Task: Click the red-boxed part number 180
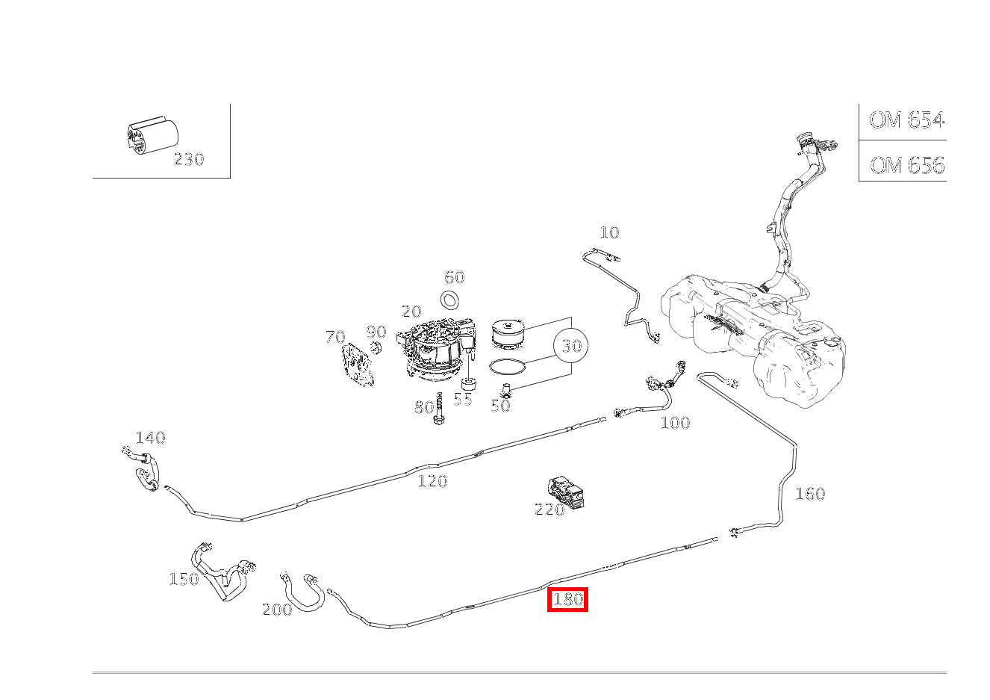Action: coord(567,599)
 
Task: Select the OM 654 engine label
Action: coord(906,120)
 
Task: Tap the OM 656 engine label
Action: coord(907,165)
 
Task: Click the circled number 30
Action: coord(571,345)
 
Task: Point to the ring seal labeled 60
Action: coord(450,301)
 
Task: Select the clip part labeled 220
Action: coord(566,492)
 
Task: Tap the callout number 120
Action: coord(433,480)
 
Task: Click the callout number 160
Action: coord(810,494)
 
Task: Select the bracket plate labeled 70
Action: coord(357,365)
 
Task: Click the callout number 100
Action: coord(675,423)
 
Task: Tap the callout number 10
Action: coord(609,232)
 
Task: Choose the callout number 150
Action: coord(184,578)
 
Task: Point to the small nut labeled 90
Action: coord(376,348)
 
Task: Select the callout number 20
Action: coord(411,312)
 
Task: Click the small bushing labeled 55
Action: coord(470,384)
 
